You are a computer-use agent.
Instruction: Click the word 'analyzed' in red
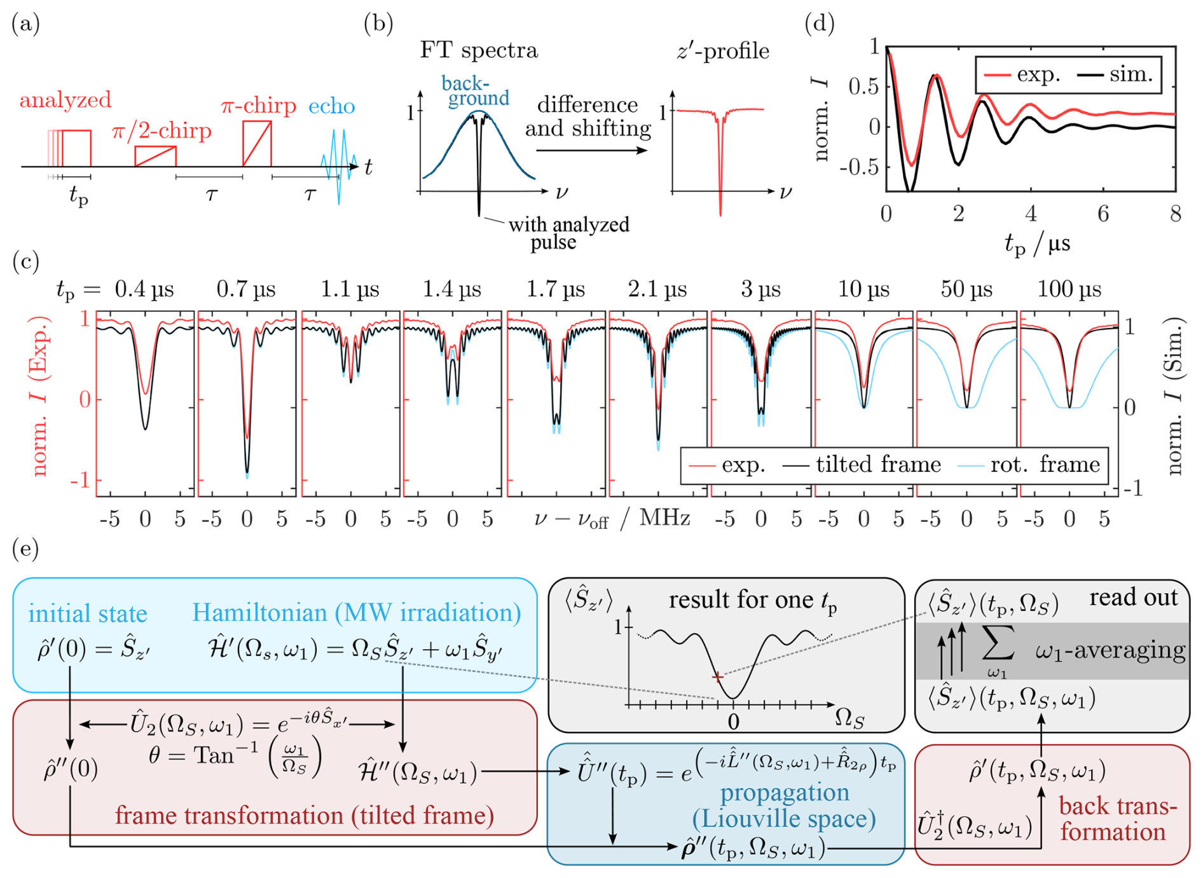click(65, 100)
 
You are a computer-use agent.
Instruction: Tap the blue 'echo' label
click(331, 106)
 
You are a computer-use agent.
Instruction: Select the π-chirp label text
click(259, 106)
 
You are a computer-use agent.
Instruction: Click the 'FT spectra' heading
click(478, 50)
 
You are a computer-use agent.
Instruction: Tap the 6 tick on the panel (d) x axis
click(1103, 214)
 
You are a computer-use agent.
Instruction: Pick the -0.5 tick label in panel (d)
click(859, 167)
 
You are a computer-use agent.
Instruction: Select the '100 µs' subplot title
click(1069, 290)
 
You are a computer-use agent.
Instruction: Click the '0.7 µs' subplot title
click(246, 290)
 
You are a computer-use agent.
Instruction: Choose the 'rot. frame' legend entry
click(1045, 465)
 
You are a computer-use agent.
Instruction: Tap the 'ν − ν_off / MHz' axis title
click(612, 519)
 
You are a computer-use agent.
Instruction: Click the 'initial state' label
click(88, 614)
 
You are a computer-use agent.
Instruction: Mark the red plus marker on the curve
click(717, 677)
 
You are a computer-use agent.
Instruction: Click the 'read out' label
click(1133, 598)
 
